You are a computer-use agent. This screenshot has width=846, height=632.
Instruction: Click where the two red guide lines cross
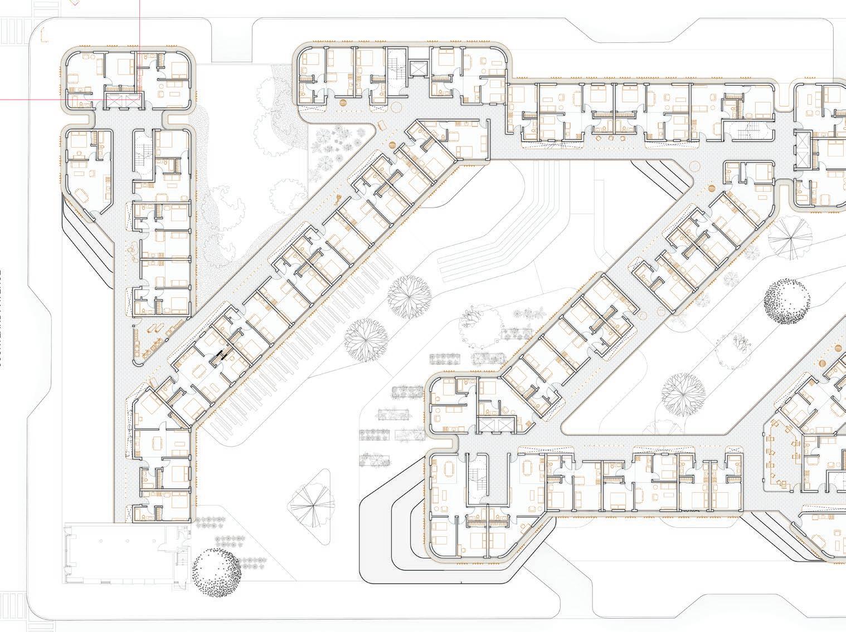point(139,100)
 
